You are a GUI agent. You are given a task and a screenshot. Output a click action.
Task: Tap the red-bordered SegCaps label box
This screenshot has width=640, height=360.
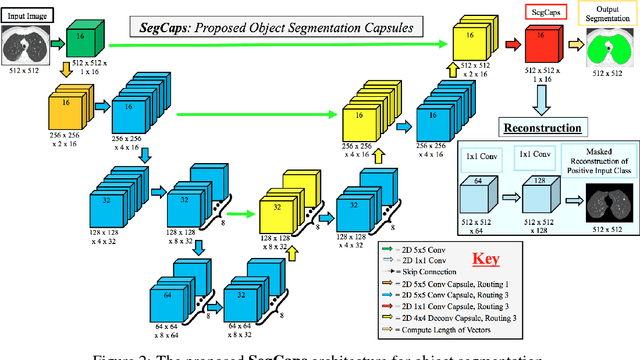[540, 12]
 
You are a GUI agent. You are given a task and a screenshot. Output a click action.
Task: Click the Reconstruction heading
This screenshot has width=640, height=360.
[545, 129]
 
